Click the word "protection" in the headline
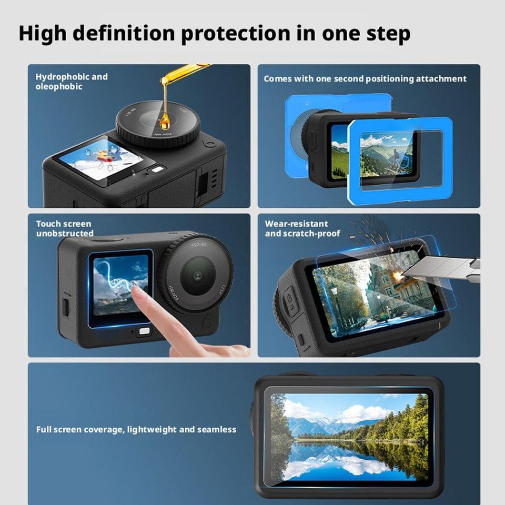(235, 33)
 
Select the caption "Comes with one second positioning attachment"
(365, 79)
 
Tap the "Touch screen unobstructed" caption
(65, 229)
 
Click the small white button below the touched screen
(143, 332)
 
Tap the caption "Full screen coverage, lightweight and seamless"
(136, 430)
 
